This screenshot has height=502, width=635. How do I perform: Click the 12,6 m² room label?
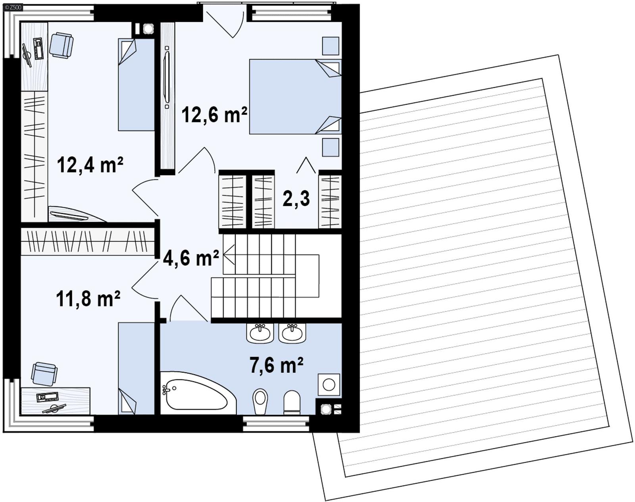(x=214, y=115)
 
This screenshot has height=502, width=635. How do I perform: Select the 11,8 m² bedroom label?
(x=88, y=298)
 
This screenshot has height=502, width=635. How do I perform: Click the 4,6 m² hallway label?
(x=191, y=258)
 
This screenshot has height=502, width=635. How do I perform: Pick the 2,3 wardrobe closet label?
(x=296, y=198)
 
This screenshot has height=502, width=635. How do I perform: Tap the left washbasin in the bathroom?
(x=260, y=333)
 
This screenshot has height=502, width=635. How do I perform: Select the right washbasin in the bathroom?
(x=292, y=333)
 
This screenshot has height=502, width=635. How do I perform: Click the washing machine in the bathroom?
(x=329, y=384)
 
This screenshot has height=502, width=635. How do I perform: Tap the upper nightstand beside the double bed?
(x=330, y=46)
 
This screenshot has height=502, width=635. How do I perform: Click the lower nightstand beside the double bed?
(x=330, y=147)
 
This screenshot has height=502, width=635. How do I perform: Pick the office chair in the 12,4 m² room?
(x=62, y=45)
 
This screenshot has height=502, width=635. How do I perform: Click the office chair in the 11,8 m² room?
(x=44, y=373)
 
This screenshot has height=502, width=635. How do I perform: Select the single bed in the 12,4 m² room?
(x=136, y=85)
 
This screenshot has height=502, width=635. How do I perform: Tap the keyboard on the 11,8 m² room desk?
(x=47, y=396)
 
